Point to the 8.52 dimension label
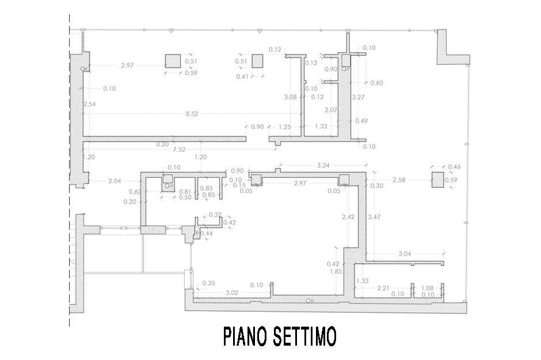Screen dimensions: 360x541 tap(192, 114)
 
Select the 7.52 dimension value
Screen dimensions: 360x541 tap(179, 150)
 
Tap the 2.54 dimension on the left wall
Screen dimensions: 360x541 tap(89, 105)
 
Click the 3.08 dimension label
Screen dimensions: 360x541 tap(291, 97)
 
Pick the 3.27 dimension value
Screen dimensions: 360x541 tap(359, 97)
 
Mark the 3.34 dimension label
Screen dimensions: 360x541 tap(324, 166)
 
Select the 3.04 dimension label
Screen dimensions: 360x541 tap(405, 254)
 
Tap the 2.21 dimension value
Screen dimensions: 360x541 tap(383, 288)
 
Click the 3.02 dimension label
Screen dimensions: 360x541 tap(231, 293)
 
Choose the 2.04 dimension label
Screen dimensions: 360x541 tap(114, 181)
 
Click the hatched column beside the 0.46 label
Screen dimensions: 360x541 tap(437, 180)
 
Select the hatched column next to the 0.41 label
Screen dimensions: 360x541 tap(257, 61)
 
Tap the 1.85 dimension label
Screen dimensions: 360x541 tap(335, 271)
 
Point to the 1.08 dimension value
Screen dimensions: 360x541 tap(428, 288)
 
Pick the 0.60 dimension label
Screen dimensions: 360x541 tap(376, 83)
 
